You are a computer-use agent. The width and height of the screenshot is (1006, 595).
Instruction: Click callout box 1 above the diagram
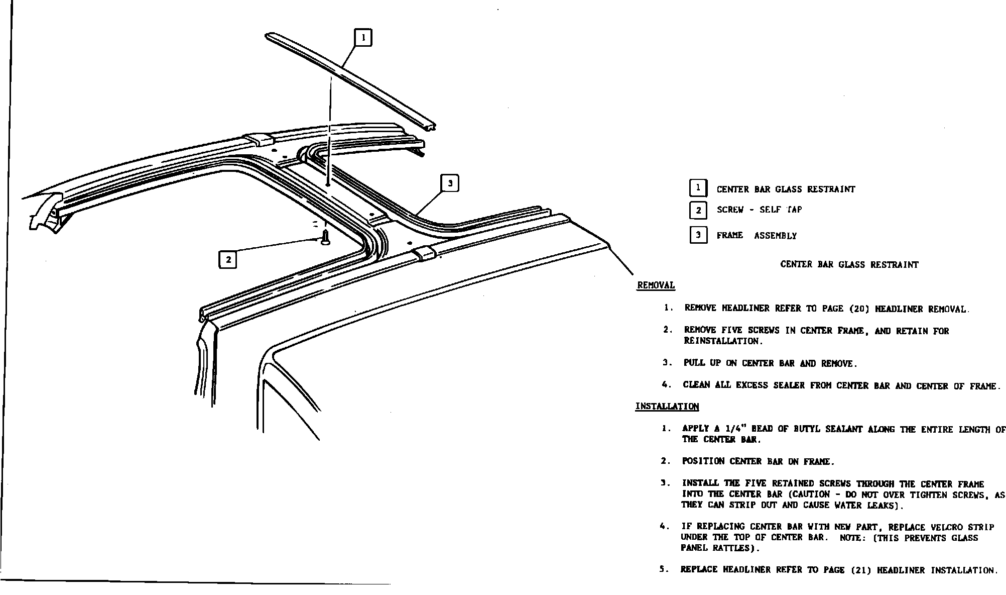tap(363, 38)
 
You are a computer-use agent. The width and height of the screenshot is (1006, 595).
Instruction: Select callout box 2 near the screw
tap(228, 259)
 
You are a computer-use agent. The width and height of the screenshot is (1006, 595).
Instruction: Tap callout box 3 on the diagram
tap(450, 183)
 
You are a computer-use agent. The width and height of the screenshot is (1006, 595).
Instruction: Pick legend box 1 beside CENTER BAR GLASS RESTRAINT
tap(698, 188)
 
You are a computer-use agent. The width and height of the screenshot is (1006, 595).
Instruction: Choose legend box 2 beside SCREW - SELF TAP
tap(698, 210)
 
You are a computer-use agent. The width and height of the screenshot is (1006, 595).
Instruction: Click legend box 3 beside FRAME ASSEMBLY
tap(698, 235)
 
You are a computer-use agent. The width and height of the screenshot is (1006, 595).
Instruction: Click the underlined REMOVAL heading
tap(656, 285)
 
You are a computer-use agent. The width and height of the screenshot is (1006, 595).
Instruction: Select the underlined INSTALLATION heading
tap(667, 407)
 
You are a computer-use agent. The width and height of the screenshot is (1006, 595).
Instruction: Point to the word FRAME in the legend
tap(729, 235)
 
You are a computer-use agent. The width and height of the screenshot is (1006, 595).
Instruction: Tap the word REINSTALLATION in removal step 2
tap(723, 341)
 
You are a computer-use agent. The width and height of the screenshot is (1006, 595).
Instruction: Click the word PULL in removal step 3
tap(694, 363)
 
